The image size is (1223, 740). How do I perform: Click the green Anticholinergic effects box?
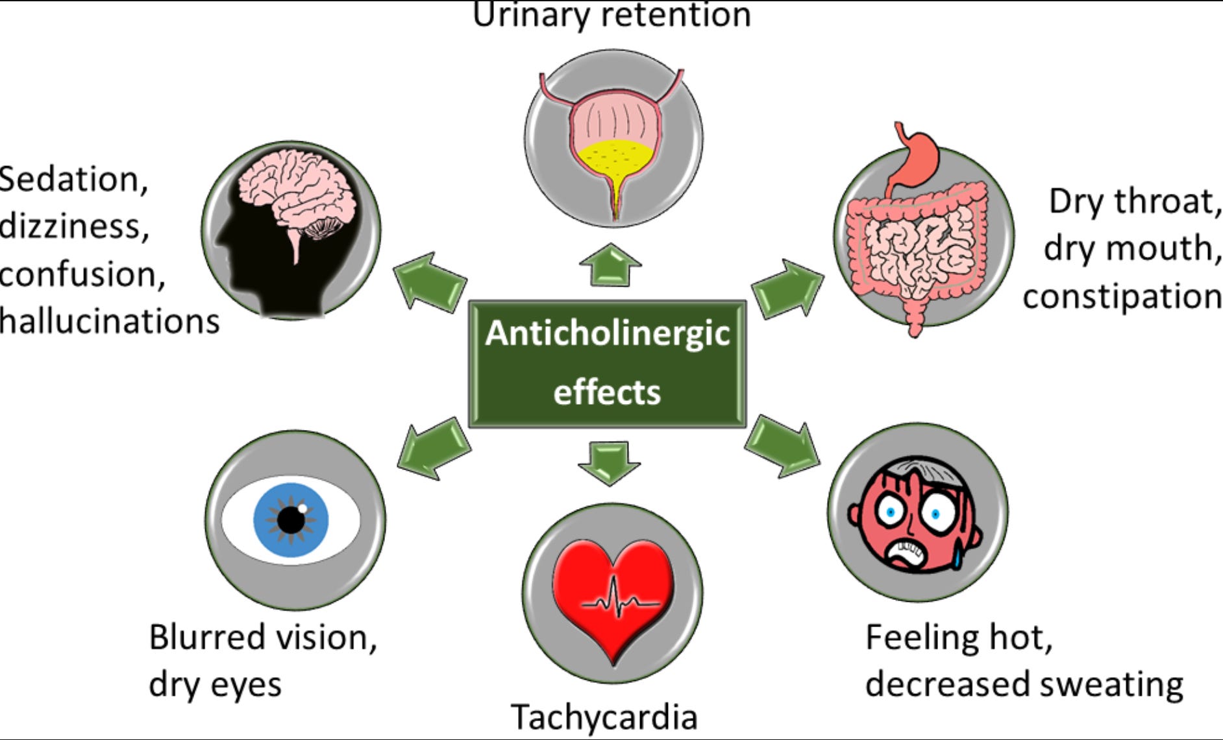pos(607,363)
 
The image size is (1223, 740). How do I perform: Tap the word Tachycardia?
pos(604,717)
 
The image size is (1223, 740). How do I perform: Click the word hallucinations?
pos(109,322)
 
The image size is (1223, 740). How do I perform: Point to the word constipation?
pos(1122,296)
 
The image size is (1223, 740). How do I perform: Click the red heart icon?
pos(613,597)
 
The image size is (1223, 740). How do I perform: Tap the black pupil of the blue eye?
pos(291,519)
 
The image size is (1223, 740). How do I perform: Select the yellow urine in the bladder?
pos(613,160)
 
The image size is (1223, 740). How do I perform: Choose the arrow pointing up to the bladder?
pos(610,265)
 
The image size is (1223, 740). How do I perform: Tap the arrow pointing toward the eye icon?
pos(434,448)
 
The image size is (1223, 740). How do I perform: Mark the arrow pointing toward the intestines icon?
pos(787,289)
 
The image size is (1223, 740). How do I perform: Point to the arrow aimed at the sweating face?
pos(783,448)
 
